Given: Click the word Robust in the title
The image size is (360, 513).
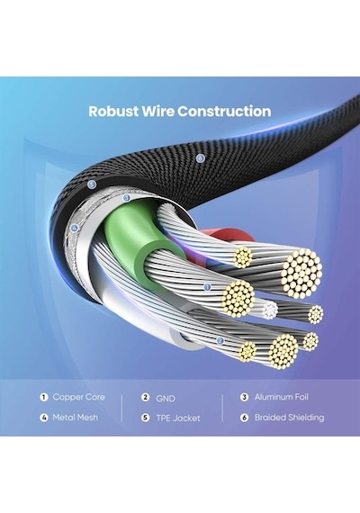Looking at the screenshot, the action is tap(113, 112).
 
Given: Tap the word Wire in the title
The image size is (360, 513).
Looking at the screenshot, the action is tap(158, 112).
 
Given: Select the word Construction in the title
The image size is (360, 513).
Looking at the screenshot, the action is tap(224, 112).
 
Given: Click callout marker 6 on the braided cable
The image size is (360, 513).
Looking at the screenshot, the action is tap(201, 158).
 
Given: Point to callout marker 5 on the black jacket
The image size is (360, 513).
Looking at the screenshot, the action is tap(92, 184).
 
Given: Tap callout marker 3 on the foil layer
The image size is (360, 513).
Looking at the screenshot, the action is tap(127, 198).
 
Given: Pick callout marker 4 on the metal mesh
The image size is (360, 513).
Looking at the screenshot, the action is tap(75, 228).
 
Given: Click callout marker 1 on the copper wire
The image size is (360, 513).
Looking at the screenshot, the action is tap(207, 287).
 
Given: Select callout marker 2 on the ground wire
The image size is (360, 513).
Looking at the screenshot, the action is tap(220, 341).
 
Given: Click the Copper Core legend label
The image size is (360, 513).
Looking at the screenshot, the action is tap(79, 397).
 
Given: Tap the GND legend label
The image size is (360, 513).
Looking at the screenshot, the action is tap(166, 399).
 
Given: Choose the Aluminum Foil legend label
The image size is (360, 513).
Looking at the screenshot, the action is tap(282, 397).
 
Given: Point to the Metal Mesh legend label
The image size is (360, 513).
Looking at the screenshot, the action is tap(76, 418).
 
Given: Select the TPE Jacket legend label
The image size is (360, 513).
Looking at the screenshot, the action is tap(178, 418).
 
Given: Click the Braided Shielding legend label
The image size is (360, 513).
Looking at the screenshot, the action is tap(289, 418).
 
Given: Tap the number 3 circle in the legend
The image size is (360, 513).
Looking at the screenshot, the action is tap(244, 397).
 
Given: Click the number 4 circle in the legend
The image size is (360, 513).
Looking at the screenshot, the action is tap(44, 418).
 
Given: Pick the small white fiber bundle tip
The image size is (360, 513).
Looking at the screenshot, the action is tap(270, 310).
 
